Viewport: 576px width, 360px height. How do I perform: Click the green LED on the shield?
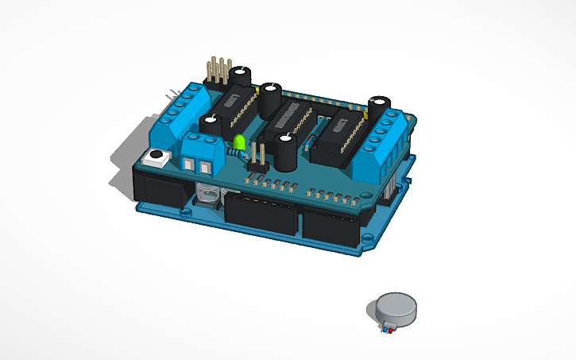(x=238, y=144)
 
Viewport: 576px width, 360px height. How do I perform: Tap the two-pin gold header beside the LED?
(x=257, y=157)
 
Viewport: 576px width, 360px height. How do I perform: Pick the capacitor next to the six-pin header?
(x=239, y=78)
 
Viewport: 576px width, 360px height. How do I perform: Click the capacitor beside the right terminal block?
(x=377, y=109)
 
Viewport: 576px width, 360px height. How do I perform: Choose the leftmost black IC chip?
(x=237, y=110)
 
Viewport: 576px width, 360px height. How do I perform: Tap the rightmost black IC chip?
(x=339, y=135)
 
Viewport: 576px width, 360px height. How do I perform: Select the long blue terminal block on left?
(x=182, y=112)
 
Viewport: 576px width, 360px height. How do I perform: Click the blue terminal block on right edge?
(x=389, y=139)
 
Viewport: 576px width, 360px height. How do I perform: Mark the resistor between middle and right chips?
(x=311, y=141)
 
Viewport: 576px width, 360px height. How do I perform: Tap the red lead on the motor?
(x=384, y=328)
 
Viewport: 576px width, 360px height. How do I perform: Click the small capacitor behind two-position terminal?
(x=211, y=125)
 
